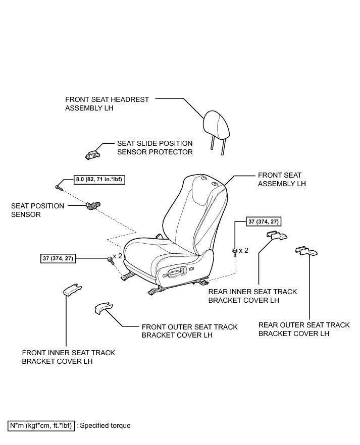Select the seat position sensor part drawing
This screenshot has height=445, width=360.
point(93,205)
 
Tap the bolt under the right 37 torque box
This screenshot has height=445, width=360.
point(235,251)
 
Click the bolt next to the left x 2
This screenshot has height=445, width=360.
point(110,260)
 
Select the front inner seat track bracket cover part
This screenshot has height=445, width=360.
point(72,289)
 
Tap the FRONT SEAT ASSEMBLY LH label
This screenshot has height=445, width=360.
point(282,180)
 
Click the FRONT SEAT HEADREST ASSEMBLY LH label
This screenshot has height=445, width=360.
point(107,103)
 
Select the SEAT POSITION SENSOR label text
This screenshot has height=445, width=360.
point(38,210)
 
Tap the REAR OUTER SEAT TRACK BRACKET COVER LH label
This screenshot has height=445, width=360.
point(303,329)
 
